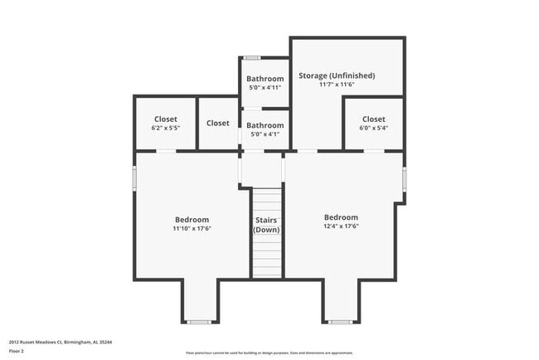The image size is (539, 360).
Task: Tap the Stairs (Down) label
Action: (266, 224)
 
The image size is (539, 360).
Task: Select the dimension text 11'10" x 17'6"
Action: (192, 228)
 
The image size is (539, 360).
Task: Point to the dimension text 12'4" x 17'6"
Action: (341, 226)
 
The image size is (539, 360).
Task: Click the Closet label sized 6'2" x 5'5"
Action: (165, 119)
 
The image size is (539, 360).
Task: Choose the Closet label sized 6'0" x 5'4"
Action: (373, 119)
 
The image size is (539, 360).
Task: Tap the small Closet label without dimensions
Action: (218, 123)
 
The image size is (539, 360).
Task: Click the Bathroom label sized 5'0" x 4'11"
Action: (265, 79)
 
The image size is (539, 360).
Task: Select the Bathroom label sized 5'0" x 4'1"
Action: (265, 125)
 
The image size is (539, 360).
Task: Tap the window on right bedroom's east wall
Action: (404, 178)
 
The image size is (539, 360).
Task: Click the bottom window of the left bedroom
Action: (198, 321)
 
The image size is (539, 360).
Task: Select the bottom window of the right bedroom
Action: (340, 321)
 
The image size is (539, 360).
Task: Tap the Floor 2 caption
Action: (17, 351)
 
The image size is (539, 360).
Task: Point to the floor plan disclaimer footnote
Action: (269, 352)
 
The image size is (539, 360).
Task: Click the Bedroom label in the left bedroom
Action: (192, 219)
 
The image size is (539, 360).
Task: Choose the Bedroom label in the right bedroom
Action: (341, 217)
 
